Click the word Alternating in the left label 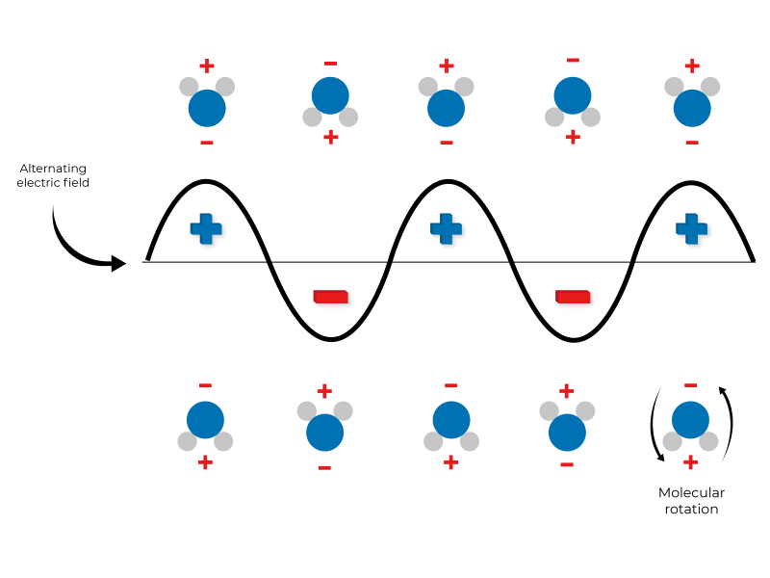tap(54, 169)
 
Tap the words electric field tap(54, 183)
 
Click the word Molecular tap(691, 493)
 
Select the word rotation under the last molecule tap(691, 509)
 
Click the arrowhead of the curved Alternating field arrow tap(118, 263)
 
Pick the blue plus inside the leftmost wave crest tap(206, 228)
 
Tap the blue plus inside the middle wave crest tap(446, 228)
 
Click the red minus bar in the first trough tap(330, 296)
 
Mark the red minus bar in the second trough tap(573, 296)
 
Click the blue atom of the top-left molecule tap(207, 109)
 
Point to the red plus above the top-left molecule tap(207, 66)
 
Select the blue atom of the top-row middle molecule tap(446, 109)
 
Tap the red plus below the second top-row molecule tap(331, 137)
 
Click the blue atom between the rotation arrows tap(690, 421)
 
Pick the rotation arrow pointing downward tap(654, 424)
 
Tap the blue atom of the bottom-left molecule tap(205, 421)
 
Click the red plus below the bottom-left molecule tap(205, 462)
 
